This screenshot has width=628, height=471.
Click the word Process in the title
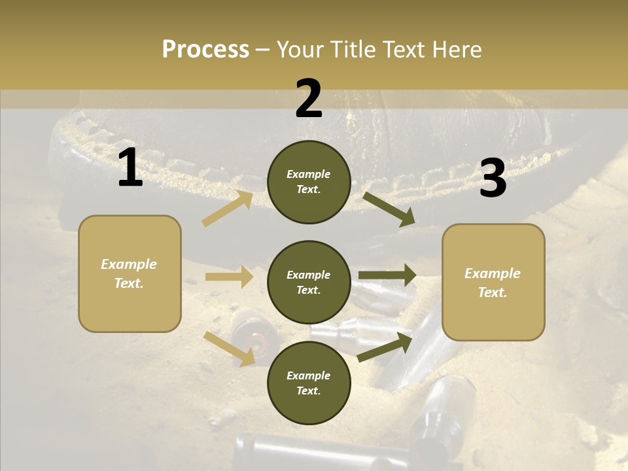tap(205, 49)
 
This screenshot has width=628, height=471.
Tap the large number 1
tap(131, 169)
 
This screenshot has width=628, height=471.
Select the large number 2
tap(309, 99)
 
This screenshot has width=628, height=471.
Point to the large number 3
tap(493, 179)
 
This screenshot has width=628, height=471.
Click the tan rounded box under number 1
tap(130, 273)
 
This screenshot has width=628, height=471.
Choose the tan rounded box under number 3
tap(493, 283)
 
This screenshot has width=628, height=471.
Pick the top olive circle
tap(309, 182)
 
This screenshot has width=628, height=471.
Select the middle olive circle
tap(309, 283)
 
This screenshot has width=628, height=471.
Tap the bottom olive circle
tap(309, 383)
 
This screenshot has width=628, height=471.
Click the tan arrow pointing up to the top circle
tap(228, 209)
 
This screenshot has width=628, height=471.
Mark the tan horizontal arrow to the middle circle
tap(229, 277)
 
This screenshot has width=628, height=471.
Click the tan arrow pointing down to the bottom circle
tap(230, 348)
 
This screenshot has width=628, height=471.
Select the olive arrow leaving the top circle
tap(389, 209)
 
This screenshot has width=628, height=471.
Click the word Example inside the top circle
tap(309, 174)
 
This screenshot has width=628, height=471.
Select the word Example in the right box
tap(493, 273)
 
